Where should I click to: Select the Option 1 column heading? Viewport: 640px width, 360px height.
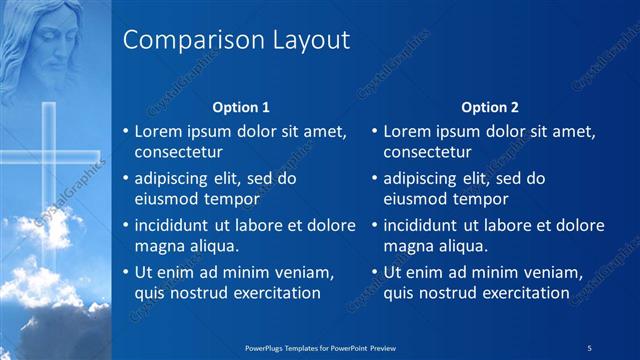[241, 107]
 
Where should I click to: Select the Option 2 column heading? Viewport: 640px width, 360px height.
[490, 107]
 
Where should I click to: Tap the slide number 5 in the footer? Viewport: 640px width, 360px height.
[590, 347]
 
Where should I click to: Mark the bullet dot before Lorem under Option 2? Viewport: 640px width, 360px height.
[374, 131]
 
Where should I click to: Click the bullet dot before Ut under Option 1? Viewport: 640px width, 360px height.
[125, 272]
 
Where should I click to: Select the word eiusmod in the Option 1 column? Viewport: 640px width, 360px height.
[163, 199]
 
